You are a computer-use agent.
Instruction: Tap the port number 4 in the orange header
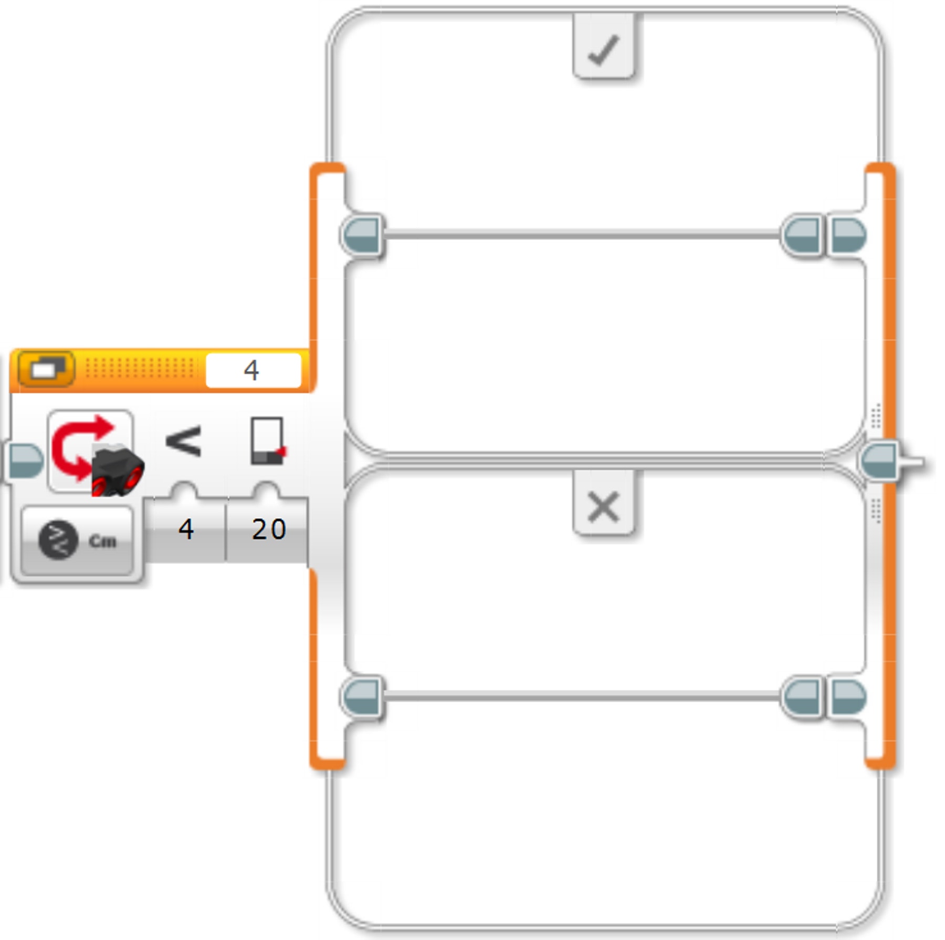[x=253, y=370]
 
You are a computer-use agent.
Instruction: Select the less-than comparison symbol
[x=183, y=441]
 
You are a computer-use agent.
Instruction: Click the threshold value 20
[x=268, y=529]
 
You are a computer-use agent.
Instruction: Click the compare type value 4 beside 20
[x=186, y=529]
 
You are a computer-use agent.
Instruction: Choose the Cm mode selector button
[x=78, y=540]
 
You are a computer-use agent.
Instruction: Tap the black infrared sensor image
[x=118, y=470]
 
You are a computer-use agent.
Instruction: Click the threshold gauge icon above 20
[x=267, y=441]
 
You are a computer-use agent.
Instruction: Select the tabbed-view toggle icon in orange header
[x=46, y=369]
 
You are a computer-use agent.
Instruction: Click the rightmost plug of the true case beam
[x=847, y=235]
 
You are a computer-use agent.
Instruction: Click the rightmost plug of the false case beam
[x=847, y=697]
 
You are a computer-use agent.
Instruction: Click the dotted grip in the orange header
[x=139, y=369]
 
